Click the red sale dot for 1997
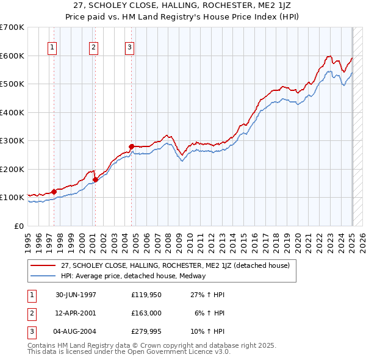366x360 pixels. (x=54, y=192)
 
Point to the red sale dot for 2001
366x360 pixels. (x=95, y=179)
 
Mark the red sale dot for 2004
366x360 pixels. (x=131, y=146)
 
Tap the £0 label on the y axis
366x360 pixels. (x=18, y=226)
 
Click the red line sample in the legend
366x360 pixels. (x=43, y=265)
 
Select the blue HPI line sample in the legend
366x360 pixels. (x=43, y=276)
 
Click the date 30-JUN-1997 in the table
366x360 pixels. (x=75, y=295)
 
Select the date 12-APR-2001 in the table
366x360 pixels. (x=75, y=313)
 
